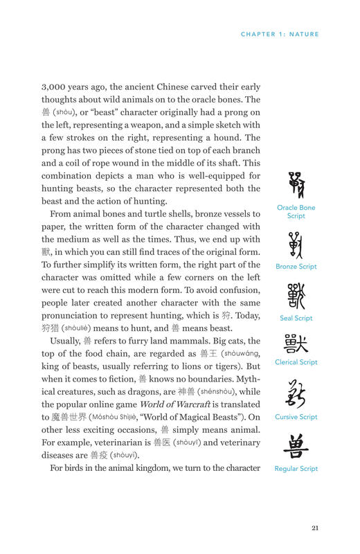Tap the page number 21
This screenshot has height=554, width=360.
pyautogui.click(x=314, y=528)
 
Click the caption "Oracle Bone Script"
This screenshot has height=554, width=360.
pyautogui.click(x=296, y=211)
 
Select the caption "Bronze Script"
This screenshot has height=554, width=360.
pyautogui.click(x=296, y=267)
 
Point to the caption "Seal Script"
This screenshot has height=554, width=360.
pyautogui.click(x=296, y=319)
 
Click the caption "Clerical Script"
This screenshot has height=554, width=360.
pyautogui.click(x=296, y=362)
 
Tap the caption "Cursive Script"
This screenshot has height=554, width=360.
pyautogui.click(x=296, y=417)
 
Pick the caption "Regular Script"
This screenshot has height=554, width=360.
pyautogui.click(x=296, y=469)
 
